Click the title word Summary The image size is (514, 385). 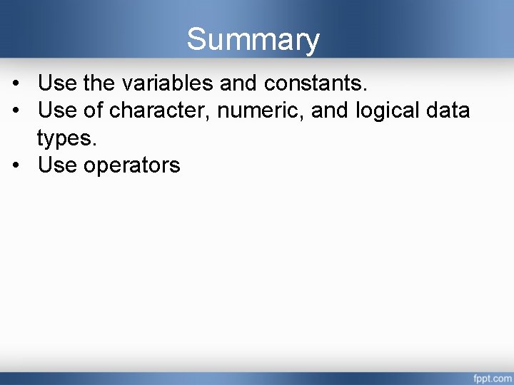pos(253,40)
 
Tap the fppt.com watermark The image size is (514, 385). pos(490,376)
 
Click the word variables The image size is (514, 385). pos(167,83)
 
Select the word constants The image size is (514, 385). pos(315,83)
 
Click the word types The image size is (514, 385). pos(66,138)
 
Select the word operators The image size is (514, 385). pos(132,165)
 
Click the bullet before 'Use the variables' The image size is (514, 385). pos(16,84)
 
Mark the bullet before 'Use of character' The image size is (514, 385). pos(16,111)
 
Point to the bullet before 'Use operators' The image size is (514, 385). pos(16,165)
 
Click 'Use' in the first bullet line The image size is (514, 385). pos(57,83)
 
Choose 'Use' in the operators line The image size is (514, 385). pos(57,165)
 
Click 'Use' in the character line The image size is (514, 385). pos(57,111)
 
